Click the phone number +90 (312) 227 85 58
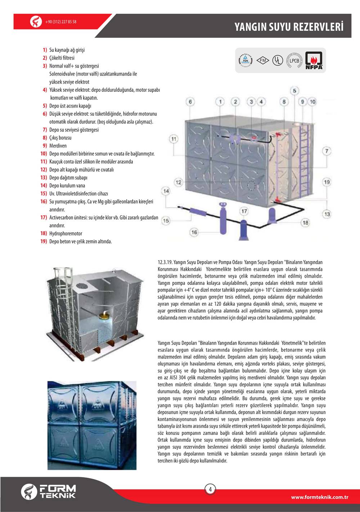(61, 22)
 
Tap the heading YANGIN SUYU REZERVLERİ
(289, 27)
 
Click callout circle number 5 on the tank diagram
(294, 90)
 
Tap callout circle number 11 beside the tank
(174, 139)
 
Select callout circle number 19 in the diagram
(327, 182)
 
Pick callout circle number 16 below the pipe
(194, 232)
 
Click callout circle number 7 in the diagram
(327, 151)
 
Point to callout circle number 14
(166, 191)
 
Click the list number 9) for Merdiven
(45, 146)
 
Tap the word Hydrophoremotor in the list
(66, 234)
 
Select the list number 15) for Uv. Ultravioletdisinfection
(44, 194)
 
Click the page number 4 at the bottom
(210, 489)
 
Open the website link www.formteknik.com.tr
(319, 497)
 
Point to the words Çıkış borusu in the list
(60, 138)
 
